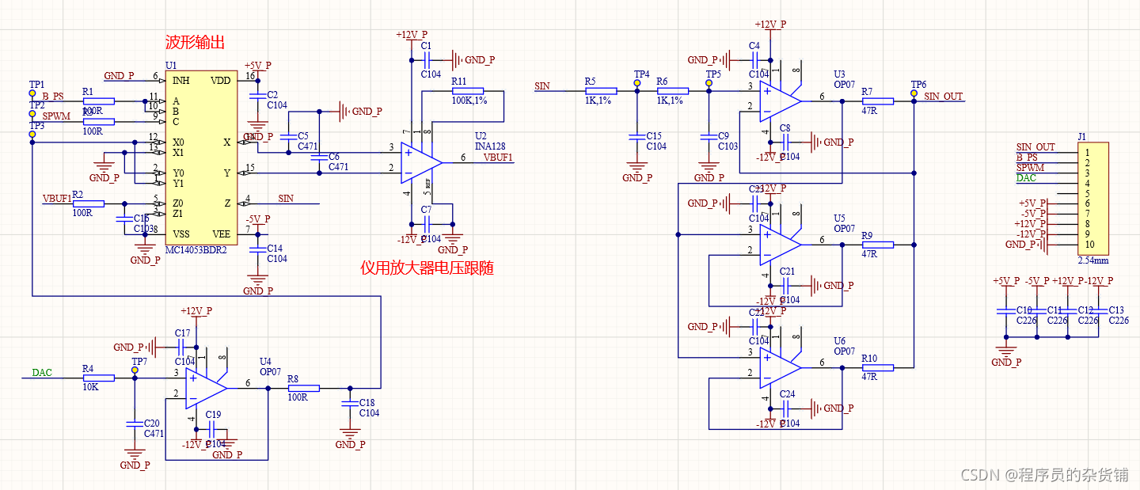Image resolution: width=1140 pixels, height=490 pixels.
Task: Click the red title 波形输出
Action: coord(195,42)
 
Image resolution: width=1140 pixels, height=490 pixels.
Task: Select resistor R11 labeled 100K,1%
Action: coord(467,91)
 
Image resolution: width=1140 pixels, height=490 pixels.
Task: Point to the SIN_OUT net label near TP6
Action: coord(943,97)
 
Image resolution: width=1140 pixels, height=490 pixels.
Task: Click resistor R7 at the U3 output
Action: coord(877,101)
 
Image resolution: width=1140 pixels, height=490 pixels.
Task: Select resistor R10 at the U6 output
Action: coord(877,367)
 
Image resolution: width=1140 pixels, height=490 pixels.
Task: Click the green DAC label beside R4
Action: coord(43,372)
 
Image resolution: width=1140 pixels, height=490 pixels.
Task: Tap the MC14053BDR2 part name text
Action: coord(196,249)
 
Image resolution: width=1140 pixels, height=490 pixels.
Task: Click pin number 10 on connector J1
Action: coord(1089,245)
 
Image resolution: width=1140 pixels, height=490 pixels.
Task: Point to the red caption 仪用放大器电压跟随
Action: coord(427,268)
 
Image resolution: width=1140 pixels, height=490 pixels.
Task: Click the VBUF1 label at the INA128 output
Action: coord(498,157)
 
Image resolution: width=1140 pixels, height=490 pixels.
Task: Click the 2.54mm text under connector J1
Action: coord(1092,260)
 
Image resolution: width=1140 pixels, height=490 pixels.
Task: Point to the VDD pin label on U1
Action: coord(221,81)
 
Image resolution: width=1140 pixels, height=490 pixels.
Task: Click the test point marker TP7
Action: coord(135,370)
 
